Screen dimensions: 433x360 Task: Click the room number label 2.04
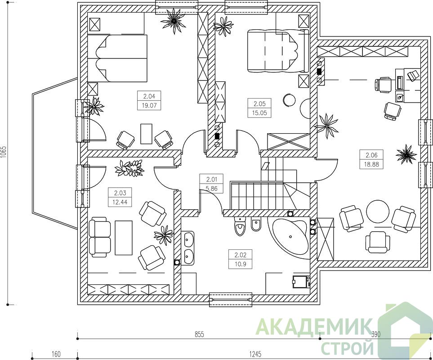[x=149, y=96]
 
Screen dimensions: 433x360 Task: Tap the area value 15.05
[x=259, y=112]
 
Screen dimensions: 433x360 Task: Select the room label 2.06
[x=371, y=155]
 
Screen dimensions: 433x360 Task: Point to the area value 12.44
[x=120, y=202]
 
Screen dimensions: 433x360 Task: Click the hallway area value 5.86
[x=212, y=189]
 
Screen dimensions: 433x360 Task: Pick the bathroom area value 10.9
[x=240, y=264]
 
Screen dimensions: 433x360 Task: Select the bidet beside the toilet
[x=256, y=225]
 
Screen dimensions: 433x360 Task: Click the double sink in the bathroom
[x=188, y=248]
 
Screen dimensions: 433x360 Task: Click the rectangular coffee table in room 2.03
[x=124, y=238]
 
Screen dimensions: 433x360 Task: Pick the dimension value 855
[x=199, y=334]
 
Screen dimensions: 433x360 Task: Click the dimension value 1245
[x=255, y=354]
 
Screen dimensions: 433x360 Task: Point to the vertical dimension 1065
[x=4, y=152]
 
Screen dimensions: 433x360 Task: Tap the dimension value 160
[x=56, y=354]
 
